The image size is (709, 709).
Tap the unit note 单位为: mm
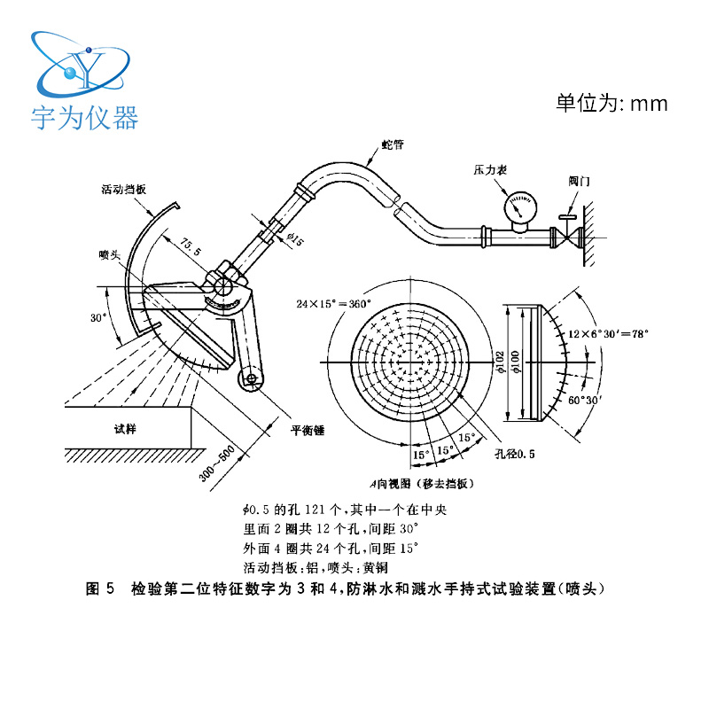(611, 104)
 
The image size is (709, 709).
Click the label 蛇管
(391, 144)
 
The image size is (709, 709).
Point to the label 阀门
(580, 180)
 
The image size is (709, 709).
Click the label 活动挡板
(123, 190)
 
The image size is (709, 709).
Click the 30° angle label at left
(98, 316)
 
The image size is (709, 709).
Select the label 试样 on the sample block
(126, 428)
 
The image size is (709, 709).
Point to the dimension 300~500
(217, 461)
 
